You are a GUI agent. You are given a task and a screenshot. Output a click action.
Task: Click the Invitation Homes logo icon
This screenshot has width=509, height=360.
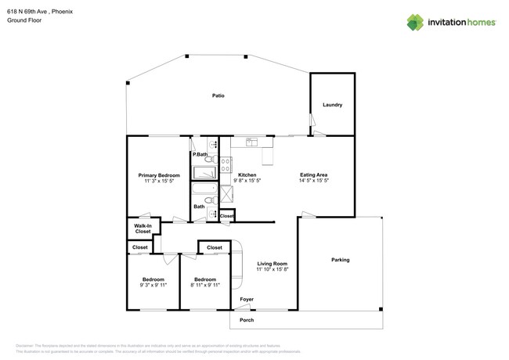[416, 22]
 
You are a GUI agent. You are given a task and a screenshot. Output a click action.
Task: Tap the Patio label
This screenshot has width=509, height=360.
[218, 95]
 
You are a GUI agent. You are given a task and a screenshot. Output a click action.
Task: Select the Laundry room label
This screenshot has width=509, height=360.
[332, 105]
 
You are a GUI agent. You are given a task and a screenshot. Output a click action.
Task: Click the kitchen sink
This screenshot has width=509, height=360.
[252, 142]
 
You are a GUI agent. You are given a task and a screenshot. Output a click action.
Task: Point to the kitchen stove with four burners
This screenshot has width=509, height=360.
[225, 164]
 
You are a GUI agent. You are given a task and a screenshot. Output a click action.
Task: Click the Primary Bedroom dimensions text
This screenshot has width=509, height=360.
[159, 181]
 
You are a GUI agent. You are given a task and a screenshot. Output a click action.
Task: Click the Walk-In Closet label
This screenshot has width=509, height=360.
[143, 229]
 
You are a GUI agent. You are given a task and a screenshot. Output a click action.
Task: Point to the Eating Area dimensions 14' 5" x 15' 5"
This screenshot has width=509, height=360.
[313, 181]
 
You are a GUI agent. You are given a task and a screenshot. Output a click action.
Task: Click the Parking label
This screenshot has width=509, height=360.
[340, 260]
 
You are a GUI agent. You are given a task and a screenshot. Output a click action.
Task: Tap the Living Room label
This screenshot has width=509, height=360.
[273, 264]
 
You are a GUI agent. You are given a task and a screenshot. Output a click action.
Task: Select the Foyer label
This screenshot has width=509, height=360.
[247, 299]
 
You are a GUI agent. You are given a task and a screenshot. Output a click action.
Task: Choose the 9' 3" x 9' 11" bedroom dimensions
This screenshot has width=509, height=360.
[153, 285]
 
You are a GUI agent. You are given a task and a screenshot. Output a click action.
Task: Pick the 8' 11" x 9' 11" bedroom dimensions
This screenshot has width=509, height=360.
[205, 285]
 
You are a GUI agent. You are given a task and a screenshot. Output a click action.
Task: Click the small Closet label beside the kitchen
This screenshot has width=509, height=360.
[226, 215]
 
